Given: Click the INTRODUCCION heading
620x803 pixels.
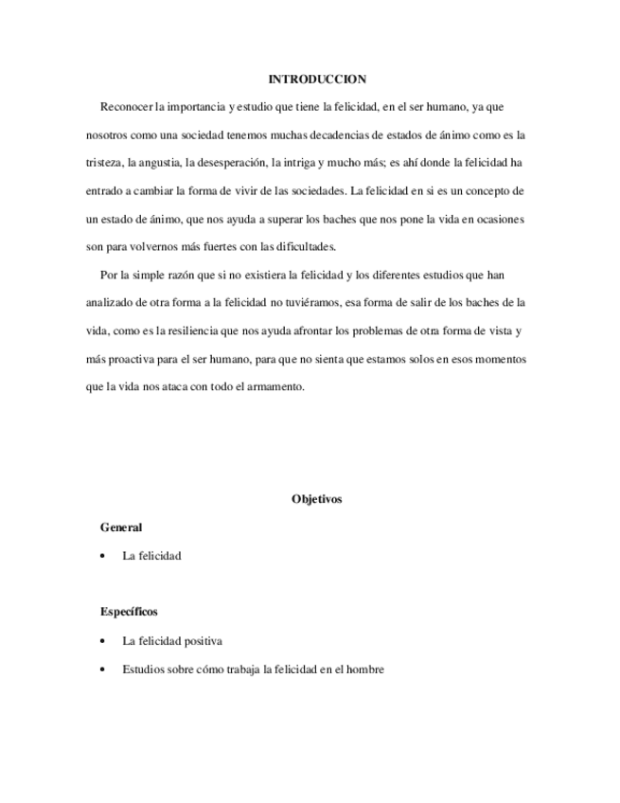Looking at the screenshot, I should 317,79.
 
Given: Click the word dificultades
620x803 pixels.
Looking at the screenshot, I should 294,247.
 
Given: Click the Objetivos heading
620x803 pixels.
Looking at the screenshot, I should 317,499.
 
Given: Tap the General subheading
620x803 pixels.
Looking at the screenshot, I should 120,527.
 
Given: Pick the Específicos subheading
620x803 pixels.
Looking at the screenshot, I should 129,612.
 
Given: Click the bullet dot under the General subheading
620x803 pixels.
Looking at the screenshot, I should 102,556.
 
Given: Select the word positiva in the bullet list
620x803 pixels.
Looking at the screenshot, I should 200,641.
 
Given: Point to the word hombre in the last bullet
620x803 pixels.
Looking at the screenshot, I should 363,669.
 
